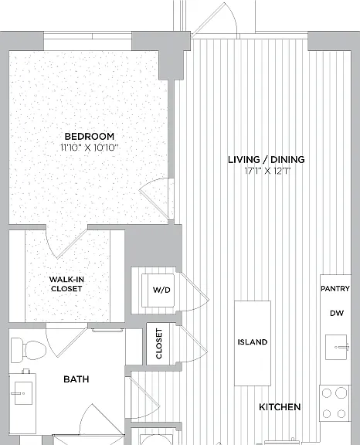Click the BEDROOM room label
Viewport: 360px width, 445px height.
pyautogui.click(x=90, y=137)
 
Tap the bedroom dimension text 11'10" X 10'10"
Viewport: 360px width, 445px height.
pyautogui.click(x=89, y=148)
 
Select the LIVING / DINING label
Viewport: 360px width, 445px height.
pyautogui.click(x=267, y=159)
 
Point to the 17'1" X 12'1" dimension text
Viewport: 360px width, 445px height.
pyautogui.click(x=268, y=171)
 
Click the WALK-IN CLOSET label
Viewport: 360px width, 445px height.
pyautogui.click(x=66, y=284)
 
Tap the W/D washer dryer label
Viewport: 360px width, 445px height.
pyautogui.click(x=161, y=290)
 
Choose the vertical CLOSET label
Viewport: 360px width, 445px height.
pyautogui.click(x=159, y=344)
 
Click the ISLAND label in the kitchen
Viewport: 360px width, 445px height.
pyautogui.click(x=253, y=342)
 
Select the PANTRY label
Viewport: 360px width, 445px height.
pyautogui.click(x=335, y=289)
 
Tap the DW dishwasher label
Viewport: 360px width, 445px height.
pyautogui.click(x=337, y=314)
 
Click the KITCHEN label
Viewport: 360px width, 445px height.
pyautogui.click(x=280, y=407)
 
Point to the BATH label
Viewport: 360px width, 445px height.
pyautogui.click(x=76, y=379)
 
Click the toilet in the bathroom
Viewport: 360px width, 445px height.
pyautogui.click(x=29, y=350)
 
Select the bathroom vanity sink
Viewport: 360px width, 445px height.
pyautogui.click(x=22, y=393)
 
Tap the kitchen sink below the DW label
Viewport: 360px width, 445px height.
pyautogui.click(x=337, y=347)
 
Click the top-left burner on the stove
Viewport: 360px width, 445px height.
pyautogui.click(x=327, y=393)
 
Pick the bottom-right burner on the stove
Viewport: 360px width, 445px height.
pyautogui.click(x=341, y=414)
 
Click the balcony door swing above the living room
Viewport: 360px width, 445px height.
pyautogui.click(x=215, y=20)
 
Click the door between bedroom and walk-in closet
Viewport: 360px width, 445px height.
pyautogui.click(x=67, y=243)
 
